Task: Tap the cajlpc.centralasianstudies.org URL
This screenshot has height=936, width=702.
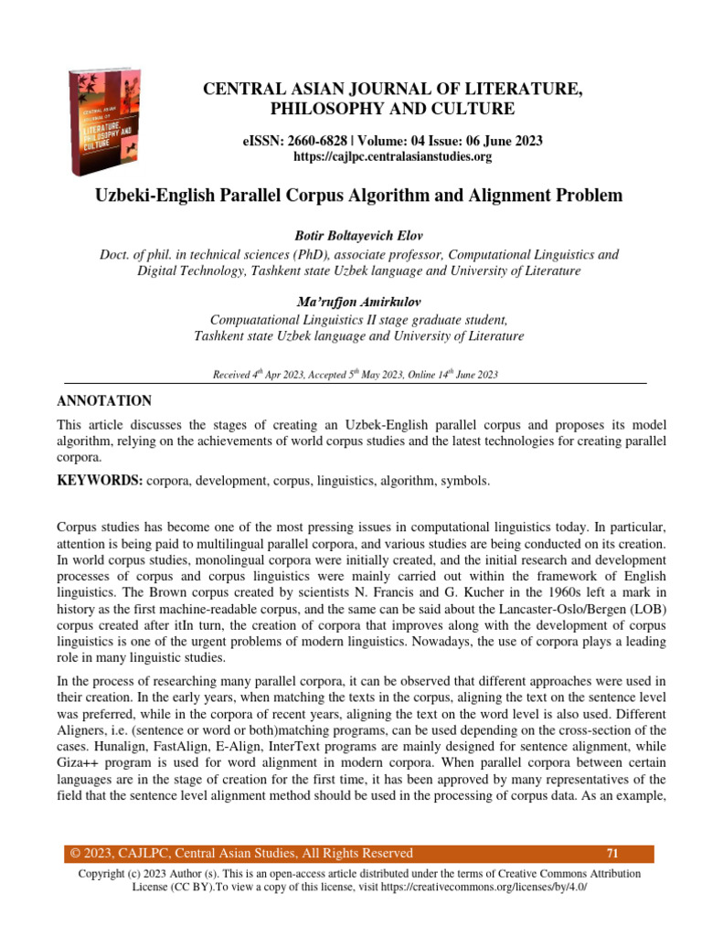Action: click(392, 156)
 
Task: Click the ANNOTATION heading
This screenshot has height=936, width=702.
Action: click(104, 401)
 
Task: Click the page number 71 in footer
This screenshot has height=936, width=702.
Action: click(612, 854)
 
